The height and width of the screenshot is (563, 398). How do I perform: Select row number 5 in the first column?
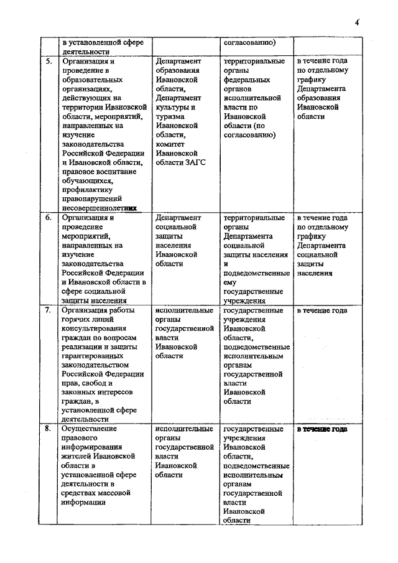click(x=48, y=62)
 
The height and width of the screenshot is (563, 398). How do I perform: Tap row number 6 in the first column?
click(x=48, y=218)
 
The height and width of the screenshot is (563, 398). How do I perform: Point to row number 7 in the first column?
click(x=48, y=310)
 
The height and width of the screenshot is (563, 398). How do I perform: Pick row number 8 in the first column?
click(x=48, y=429)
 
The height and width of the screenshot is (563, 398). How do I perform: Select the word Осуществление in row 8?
click(x=89, y=429)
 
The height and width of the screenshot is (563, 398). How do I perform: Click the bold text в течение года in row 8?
click(x=322, y=429)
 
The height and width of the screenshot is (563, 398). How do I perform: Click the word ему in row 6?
click(x=231, y=282)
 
